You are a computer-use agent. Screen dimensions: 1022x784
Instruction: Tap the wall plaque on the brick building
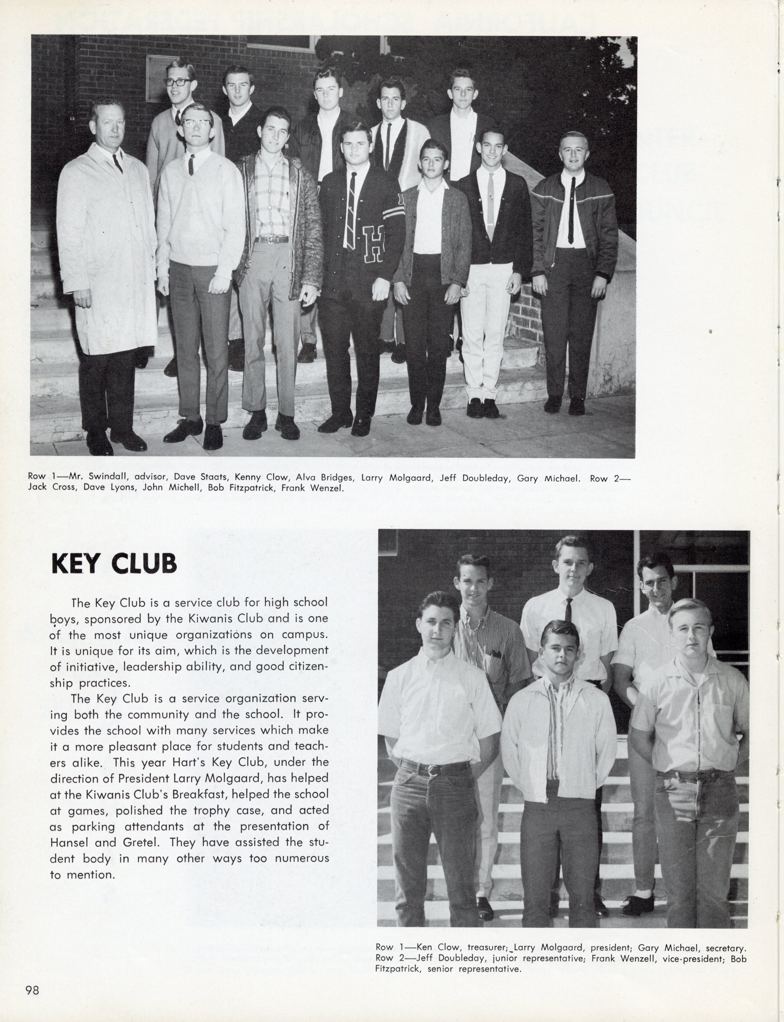(x=158, y=78)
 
